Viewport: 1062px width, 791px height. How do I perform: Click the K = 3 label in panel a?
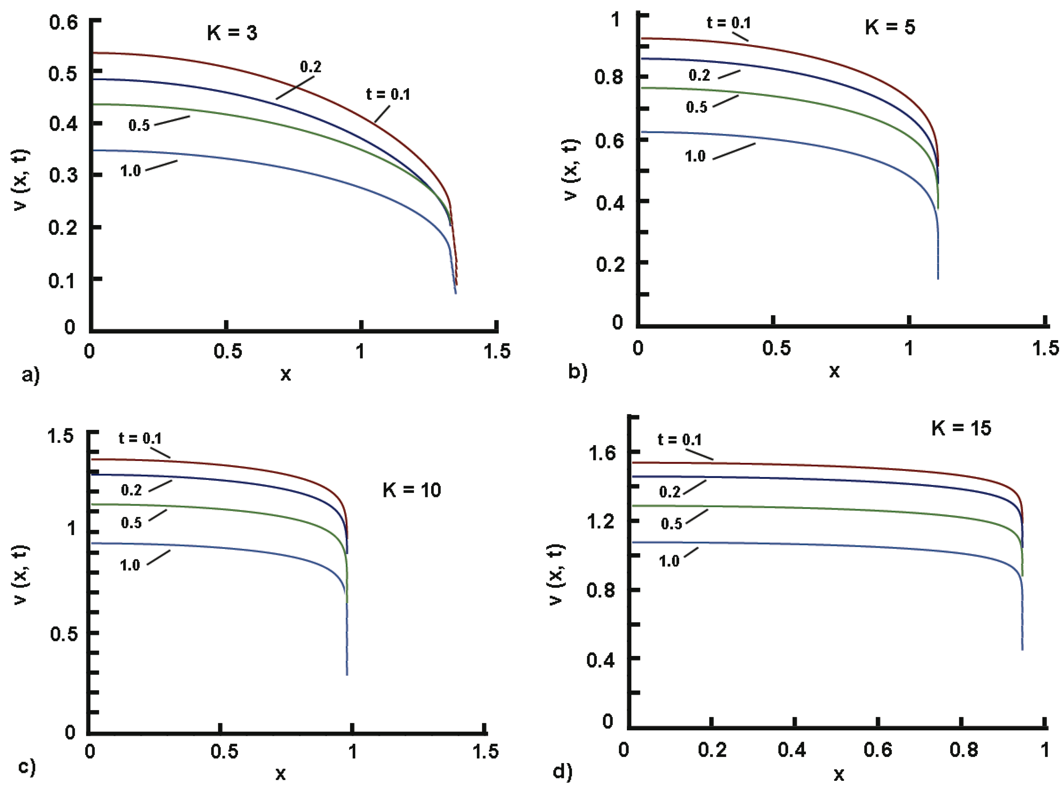[x=232, y=33]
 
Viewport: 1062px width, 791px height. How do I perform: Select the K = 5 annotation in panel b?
[x=889, y=27]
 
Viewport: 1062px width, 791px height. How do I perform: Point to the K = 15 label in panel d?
[x=961, y=428]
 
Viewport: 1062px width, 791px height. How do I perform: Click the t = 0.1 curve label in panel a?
[x=388, y=94]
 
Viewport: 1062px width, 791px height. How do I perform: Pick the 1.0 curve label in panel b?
[x=695, y=156]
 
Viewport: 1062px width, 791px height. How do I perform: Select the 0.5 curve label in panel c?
[x=131, y=522]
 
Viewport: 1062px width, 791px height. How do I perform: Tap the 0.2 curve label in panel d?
[x=670, y=492]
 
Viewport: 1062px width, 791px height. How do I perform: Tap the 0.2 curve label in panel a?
[x=311, y=67]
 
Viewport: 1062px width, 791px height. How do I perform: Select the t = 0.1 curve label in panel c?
[x=140, y=438]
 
